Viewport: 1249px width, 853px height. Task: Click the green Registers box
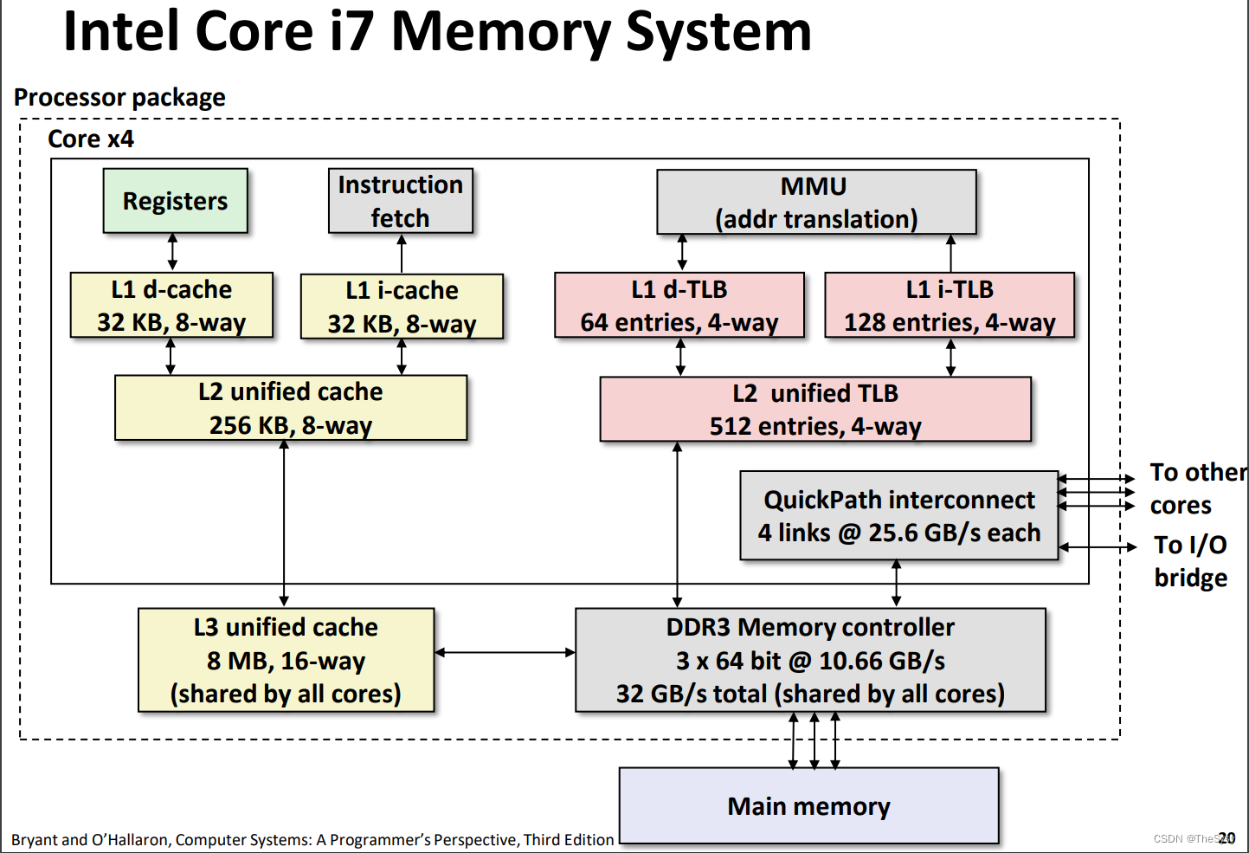pos(175,201)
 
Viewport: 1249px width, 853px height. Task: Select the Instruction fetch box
pos(400,201)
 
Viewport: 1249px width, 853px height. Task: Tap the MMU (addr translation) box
pos(815,202)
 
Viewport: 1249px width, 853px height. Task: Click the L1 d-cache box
pos(171,306)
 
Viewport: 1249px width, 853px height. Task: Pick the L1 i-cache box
pos(402,307)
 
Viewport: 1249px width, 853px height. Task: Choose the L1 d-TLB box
pos(679,306)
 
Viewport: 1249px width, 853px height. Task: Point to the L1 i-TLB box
pos(950,306)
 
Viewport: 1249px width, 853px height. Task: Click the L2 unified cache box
pos(291,408)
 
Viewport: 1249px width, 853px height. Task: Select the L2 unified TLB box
pos(815,410)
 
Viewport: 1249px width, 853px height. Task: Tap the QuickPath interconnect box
pos(898,516)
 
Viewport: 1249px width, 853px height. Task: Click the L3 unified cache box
pos(286,660)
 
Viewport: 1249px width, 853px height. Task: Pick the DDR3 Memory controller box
pos(810,660)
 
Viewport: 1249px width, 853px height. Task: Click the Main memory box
pos(808,806)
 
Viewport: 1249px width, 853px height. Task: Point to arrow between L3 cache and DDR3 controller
pos(505,652)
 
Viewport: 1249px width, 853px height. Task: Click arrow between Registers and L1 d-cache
pos(172,252)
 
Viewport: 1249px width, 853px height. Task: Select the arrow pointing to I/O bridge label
pos(1097,547)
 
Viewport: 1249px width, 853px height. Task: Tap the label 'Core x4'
pos(91,139)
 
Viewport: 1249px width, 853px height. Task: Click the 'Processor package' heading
pos(119,97)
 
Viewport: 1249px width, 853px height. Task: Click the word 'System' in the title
pos(718,32)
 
